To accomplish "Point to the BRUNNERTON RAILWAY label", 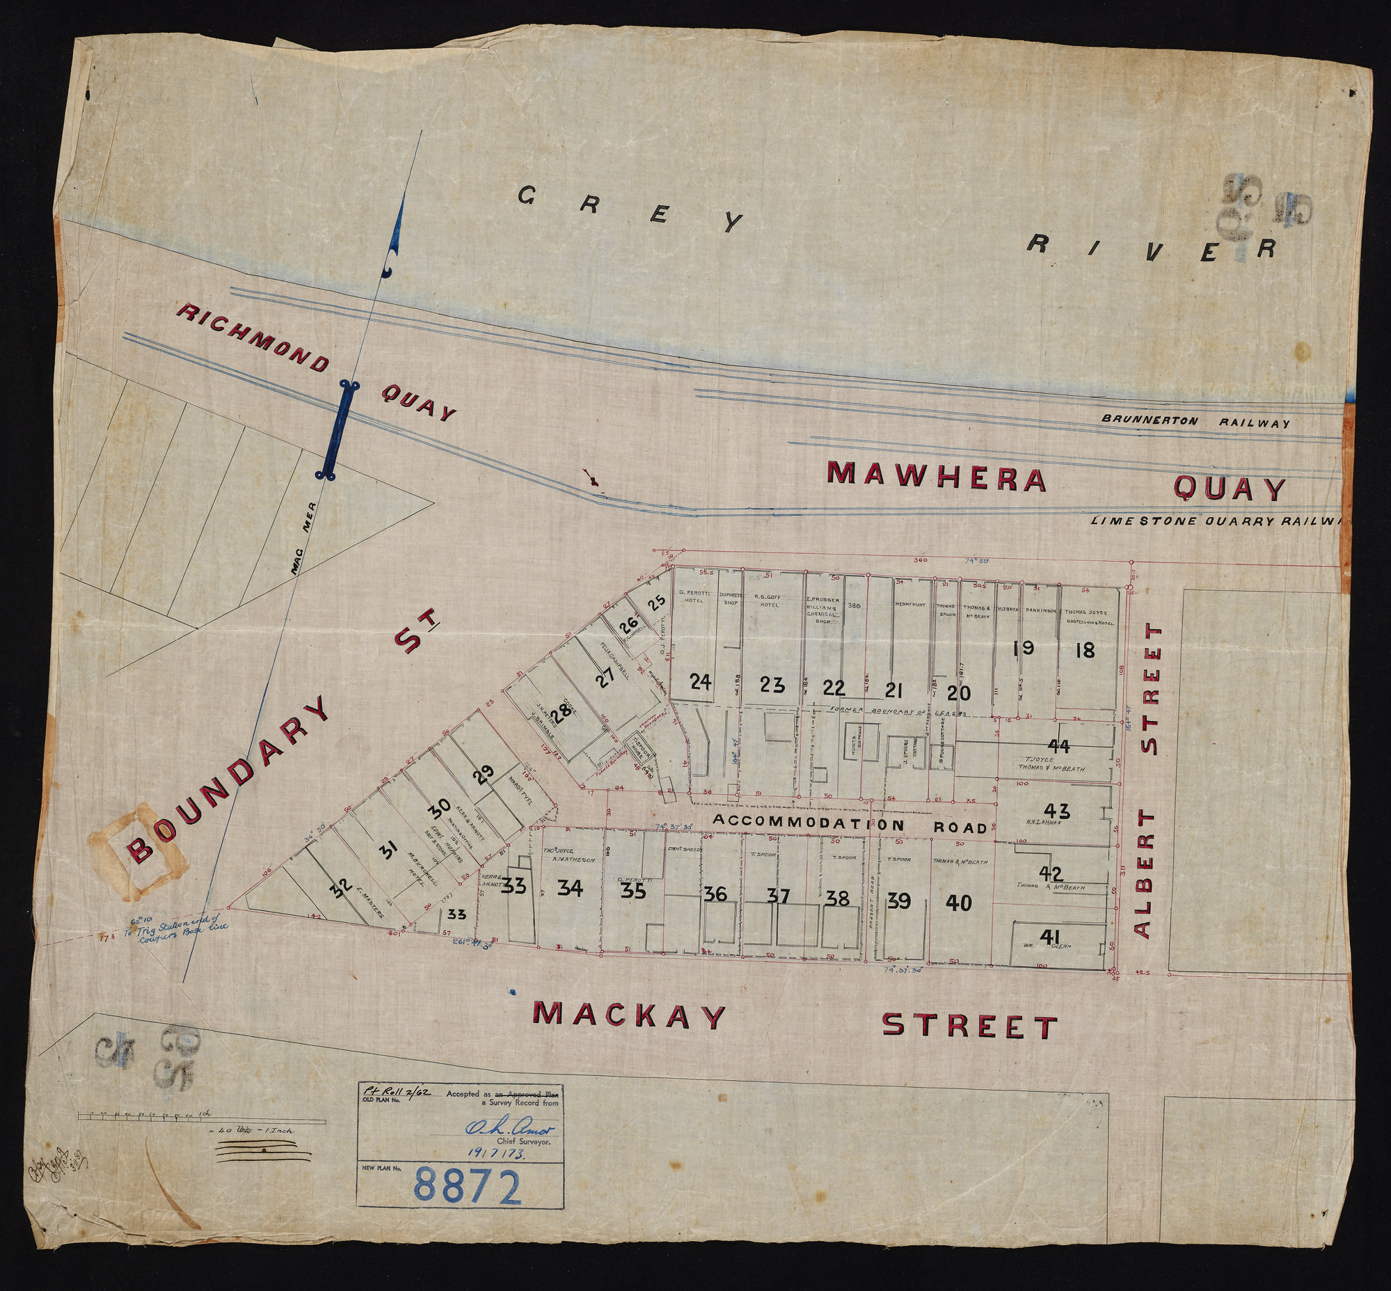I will point(1195,422).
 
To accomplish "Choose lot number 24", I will point(700,683).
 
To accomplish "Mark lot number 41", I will point(1046,936).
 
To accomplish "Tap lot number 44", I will point(1059,746).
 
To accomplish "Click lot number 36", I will point(715,894).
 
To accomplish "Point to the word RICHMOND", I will point(251,338).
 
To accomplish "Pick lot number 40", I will point(958,903).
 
